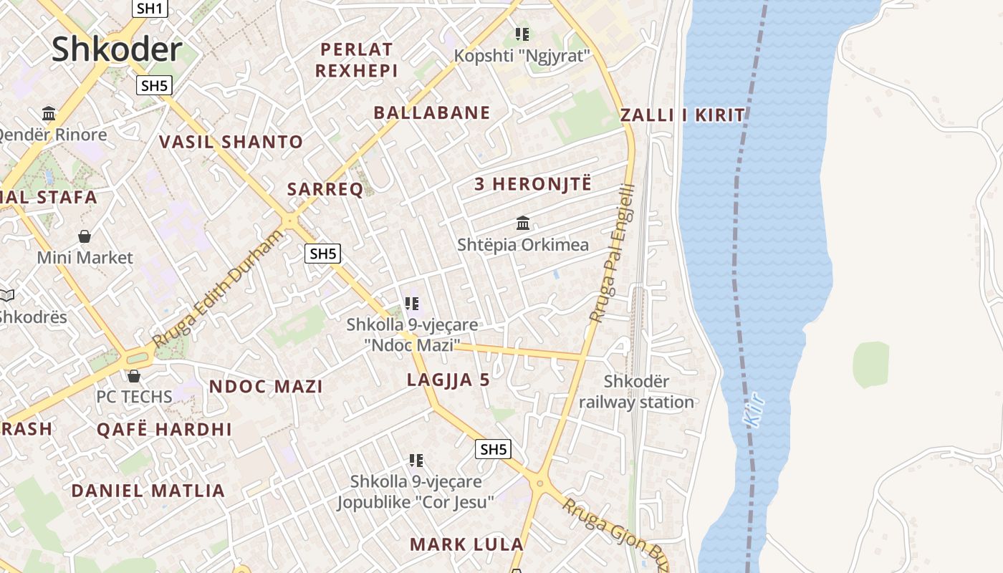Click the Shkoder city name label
117,49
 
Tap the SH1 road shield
150,9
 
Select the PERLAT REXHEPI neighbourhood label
357,60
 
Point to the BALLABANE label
432,112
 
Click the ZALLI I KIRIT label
683,115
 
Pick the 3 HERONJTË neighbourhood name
533,184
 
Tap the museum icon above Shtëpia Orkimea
523,223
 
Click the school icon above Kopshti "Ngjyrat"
522,34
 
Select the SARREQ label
325,190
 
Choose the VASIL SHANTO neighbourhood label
231,142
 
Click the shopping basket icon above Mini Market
85,236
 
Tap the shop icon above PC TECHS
134,375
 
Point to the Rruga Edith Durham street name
218,290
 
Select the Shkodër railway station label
636,392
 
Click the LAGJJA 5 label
448,380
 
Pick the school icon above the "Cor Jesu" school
416,460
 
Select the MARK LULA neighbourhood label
466,544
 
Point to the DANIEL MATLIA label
148,491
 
